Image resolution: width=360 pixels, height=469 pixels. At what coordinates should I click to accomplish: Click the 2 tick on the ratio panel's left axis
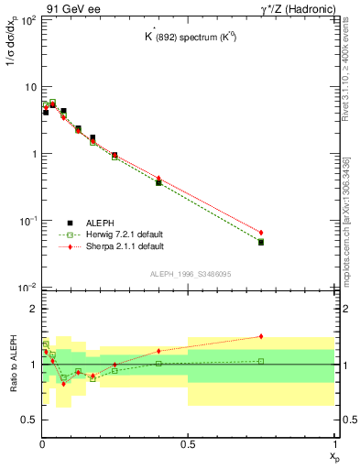[32, 310]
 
